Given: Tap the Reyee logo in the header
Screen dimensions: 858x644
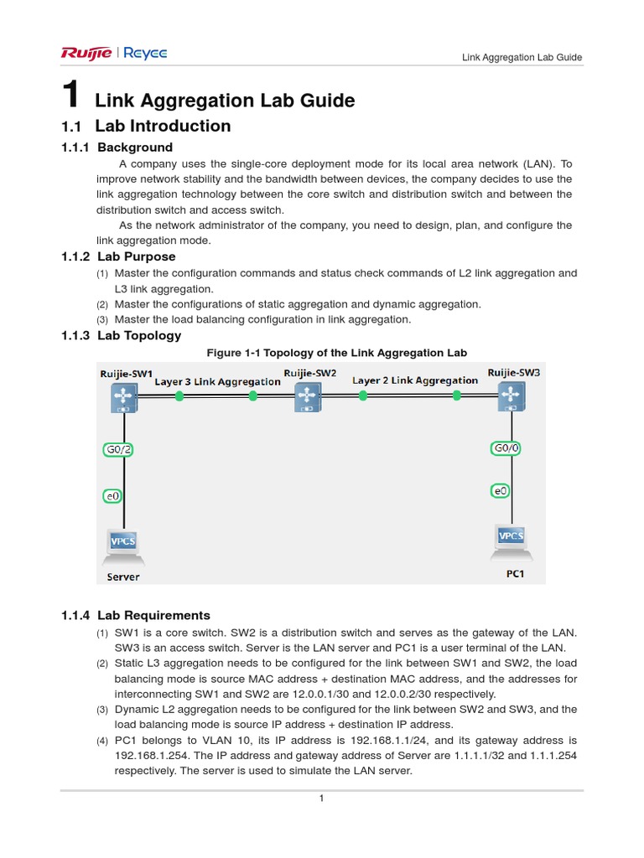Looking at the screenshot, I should (x=146, y=54).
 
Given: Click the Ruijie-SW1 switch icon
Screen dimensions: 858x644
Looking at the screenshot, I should (x=125, y=397).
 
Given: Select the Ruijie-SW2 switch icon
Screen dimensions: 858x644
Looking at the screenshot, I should (x=308, y=398).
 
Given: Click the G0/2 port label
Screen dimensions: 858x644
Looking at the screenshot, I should (x=117, y=449).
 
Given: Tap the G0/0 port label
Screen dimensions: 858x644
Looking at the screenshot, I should (x=506, y=448).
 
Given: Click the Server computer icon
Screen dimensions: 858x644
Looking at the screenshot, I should (x=123, y=545).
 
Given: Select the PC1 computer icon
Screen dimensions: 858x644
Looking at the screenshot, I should (x=510, y=540).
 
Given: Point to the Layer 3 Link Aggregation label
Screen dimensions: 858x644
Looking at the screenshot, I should (x=217, y=381).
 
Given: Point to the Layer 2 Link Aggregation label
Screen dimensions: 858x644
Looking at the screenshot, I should (x=415, y=380).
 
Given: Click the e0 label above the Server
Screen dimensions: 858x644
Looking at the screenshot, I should (x=112, y=496).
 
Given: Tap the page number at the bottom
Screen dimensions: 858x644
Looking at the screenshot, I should (x=321, y=799).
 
